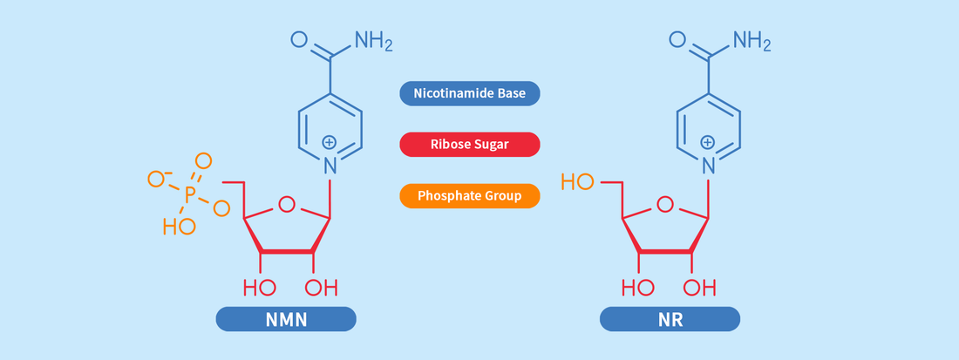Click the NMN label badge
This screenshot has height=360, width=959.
pos(286,320)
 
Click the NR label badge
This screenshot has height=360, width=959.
pos(670,320)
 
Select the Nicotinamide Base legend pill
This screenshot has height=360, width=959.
pos(469,93)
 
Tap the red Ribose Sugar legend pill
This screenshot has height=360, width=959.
pos(469,145)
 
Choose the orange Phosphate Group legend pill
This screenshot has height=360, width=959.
pos(469,196)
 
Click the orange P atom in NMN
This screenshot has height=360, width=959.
pos(190,192)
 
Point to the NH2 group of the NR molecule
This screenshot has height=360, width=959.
pos(752,40)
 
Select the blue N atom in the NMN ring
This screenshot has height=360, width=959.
pos(330,162)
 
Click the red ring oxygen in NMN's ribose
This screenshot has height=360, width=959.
pos(286,206)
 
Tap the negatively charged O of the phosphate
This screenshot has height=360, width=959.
pos(157,180)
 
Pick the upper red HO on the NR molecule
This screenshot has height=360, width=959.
pos(577,182)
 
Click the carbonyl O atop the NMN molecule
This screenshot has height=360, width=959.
pos(299,39)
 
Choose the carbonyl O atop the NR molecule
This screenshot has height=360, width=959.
pos(677,39)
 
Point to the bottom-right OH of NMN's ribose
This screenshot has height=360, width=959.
pos(321,288)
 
